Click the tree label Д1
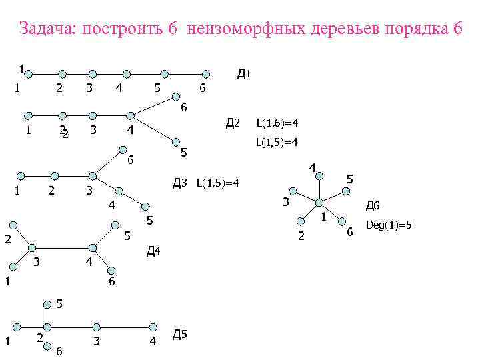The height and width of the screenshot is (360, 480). [243, 73]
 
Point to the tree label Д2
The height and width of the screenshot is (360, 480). [232, 123]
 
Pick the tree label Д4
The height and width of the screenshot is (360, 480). [153, 251]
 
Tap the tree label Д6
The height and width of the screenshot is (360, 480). [372, 207]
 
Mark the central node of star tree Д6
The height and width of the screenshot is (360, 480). [319, 202]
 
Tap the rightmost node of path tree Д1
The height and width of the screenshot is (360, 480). [207, 74]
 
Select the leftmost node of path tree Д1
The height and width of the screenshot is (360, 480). [31, 74]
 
